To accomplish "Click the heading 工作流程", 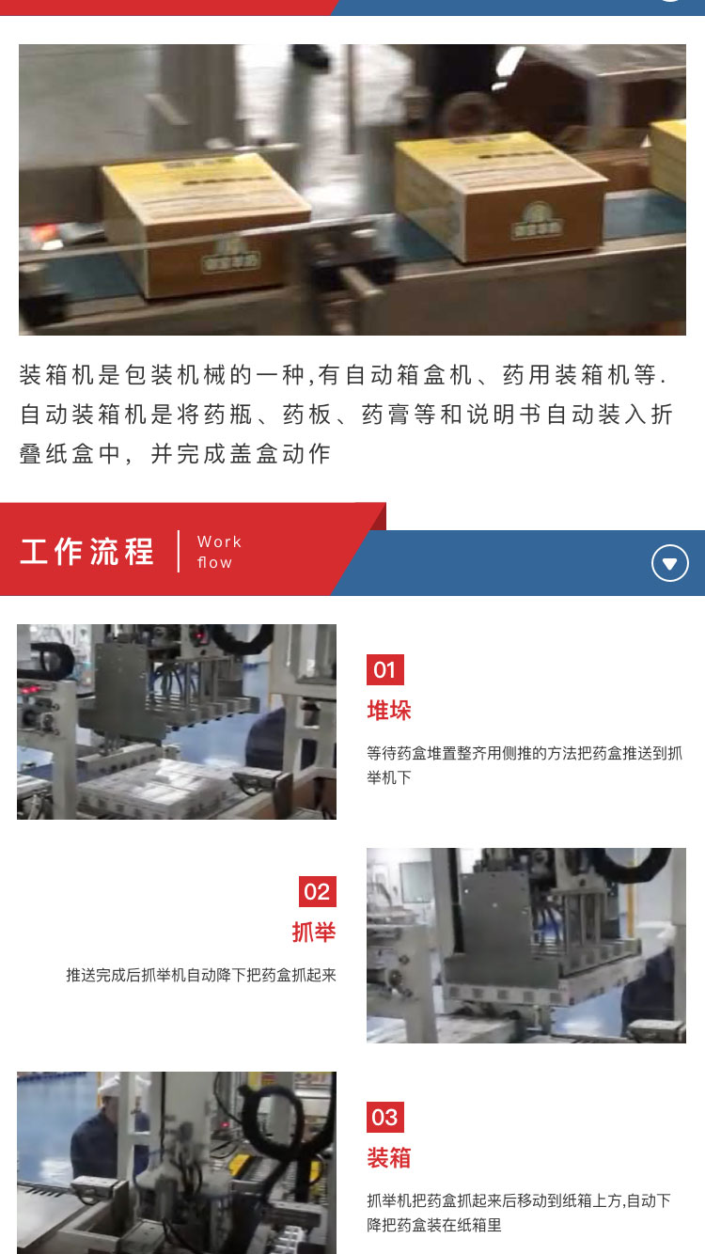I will click(86, 551).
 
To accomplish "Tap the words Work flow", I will click(218, 552).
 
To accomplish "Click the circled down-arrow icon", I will click(669, 563).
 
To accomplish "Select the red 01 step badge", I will click(384, 669).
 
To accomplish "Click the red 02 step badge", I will click(317, 891).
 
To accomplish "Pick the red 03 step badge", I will click(384, 1117).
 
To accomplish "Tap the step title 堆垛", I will click(389, 710).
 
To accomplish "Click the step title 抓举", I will click(314, 933).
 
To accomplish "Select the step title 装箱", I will click(389, 1157).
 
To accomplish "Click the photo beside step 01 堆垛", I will click(177, 721).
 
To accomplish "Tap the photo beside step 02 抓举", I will click(525, 945).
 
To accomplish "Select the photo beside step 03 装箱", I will click(177, 1162).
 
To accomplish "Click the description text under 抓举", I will click(201, 975).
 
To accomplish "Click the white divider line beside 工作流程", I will click(179, 551).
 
